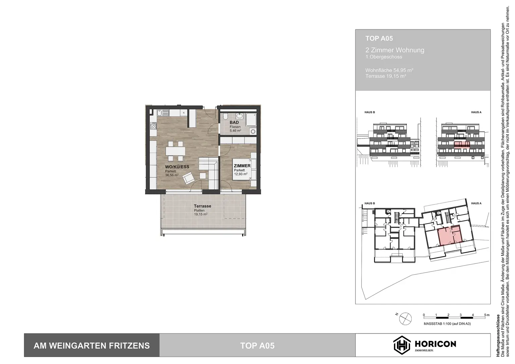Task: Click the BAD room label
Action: (x=234, y=122)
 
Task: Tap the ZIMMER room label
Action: (x=242, y=166)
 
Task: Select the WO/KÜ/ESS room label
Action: (x=177, y=167)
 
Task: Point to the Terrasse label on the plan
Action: (x=203, y=206)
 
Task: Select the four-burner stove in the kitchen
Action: (x=154, y=126)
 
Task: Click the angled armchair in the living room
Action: (x=188, y=178)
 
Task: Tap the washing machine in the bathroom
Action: (x=253, y=131)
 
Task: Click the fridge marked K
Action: (x=183, y=113)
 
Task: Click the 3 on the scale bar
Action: (x=460, y=315)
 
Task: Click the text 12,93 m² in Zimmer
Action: (x=241, y=174)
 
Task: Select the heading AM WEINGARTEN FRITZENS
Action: (x=92, y=346)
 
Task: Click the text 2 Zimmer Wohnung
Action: (x=395, y=50)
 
